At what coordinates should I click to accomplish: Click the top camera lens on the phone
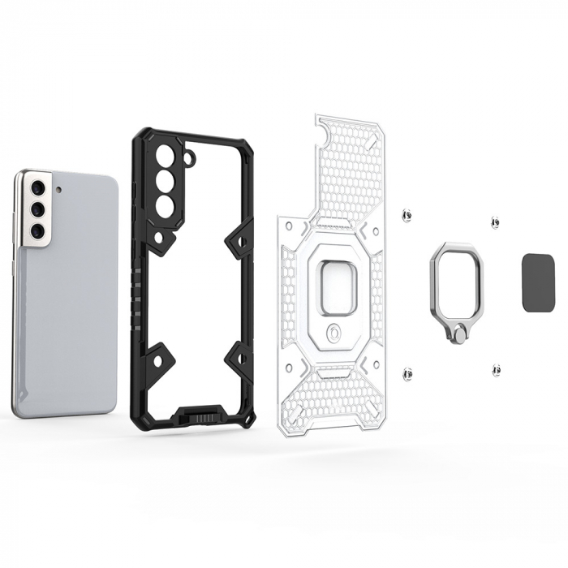coord(37,189)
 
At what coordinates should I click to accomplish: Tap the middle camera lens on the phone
coord(37,210)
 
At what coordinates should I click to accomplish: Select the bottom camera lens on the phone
coord(37,231)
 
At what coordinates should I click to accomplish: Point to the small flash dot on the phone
coord(58,189)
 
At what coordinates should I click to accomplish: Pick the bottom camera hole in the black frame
coord(164,205)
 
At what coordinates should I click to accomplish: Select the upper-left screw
coord(407,215)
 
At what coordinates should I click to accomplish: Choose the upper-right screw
coord(495,222)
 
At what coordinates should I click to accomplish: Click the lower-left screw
coord(407,373)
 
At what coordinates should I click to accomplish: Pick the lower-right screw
coord(495,369)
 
